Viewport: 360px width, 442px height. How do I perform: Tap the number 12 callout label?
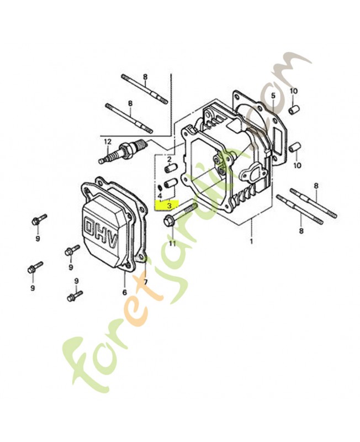tap(107, 141)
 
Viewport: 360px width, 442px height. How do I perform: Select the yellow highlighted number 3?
tap(169, 205)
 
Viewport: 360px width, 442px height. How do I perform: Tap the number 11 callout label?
tap(172, 243)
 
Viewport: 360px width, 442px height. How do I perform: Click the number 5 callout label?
tap(273, 95)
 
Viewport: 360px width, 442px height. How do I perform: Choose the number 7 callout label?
tap(146, 282)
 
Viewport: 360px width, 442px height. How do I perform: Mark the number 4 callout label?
tap(160, 196)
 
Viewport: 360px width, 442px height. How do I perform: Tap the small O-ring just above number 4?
tap(160, 186)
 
